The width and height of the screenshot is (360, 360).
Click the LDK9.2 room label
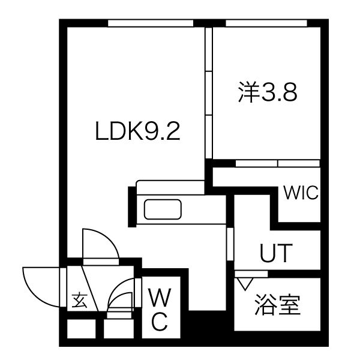tap(138, 130)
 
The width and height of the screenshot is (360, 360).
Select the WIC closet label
tap(301, 193)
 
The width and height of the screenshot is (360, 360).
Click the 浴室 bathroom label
tap(277, 305)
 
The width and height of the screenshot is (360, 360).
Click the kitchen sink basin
tap(163, 210)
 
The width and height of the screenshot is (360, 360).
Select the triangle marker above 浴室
tap(244, 282)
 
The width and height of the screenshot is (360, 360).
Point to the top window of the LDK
tap(151, 23)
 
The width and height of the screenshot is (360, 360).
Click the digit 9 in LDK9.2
tap(152, 130)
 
